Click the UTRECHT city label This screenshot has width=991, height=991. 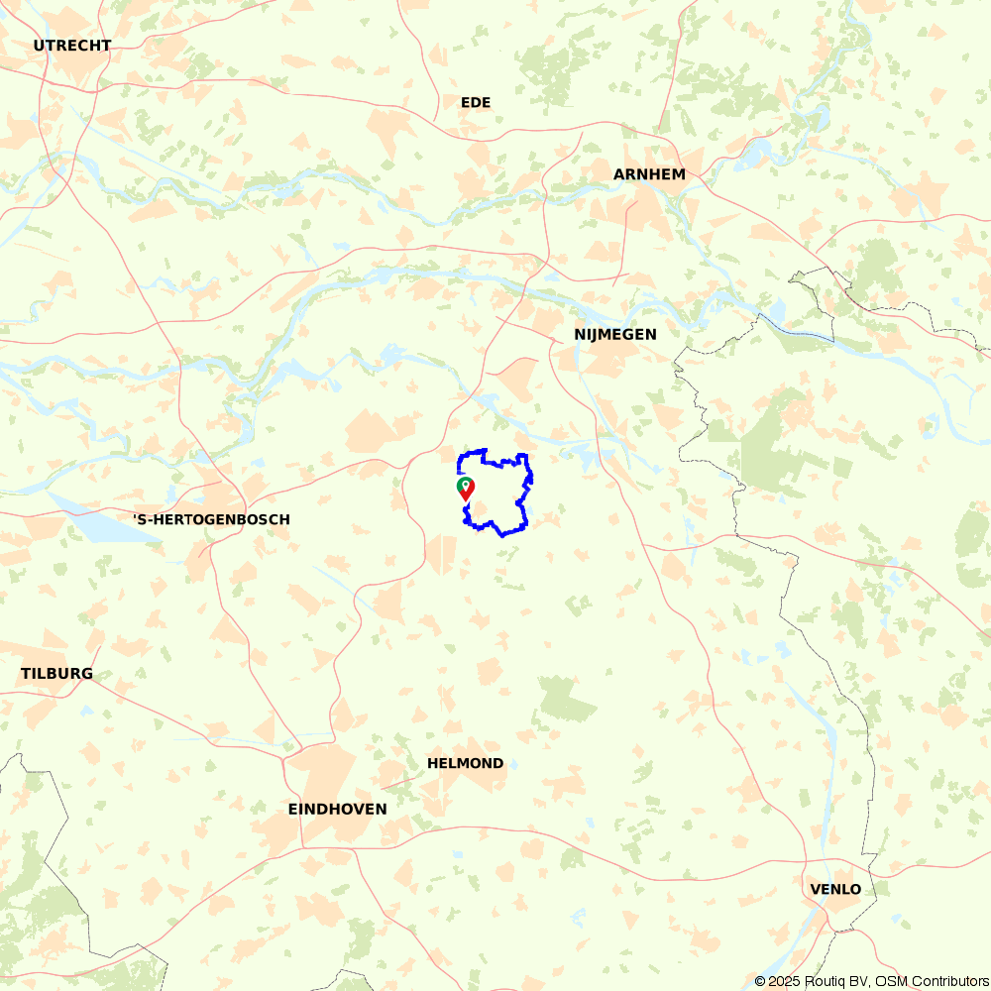tap(71, 46)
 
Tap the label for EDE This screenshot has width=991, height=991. tap(476, 103)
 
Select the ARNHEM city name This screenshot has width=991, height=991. tap(649, 174)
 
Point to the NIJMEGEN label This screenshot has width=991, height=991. tap(614, 335)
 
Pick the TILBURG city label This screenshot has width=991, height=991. tap(56, 674)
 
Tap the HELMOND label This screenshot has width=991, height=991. tap(465, 764)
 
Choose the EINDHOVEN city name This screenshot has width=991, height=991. tap(337, 810)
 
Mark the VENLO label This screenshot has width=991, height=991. tap(835, 890)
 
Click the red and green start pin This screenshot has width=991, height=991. tap(465, 488)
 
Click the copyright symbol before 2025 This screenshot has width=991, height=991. tap(760, 981)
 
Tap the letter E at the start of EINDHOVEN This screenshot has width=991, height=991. tap(293, 810)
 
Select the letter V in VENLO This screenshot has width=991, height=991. tap(815, 890)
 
